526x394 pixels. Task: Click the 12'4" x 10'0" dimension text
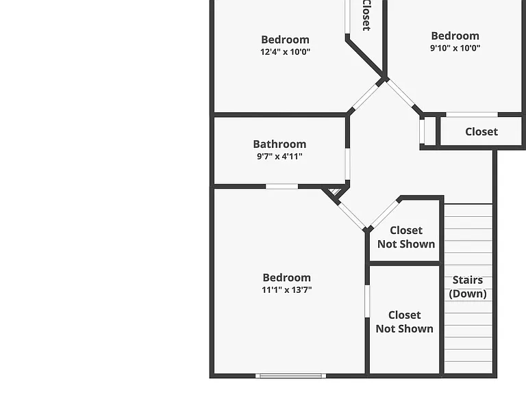[285, 52]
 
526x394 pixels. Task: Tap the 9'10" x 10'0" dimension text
[455, 48]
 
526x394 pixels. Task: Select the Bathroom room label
[279, 144]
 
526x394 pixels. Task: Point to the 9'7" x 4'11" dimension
[279, 156]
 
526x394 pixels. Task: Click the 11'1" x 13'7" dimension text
[286, 289]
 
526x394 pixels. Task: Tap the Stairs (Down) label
[468, 287]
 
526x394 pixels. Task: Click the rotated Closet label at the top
[366, 15]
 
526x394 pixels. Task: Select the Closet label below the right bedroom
[481, 131]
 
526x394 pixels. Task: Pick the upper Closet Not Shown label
[406, 237]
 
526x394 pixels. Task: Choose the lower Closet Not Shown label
[404, 321]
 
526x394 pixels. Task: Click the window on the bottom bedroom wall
[290, 376]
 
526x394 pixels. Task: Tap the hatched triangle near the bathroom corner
[335, 192]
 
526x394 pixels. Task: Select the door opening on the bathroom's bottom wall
[281, 186]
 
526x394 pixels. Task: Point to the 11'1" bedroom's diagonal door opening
[352, 215]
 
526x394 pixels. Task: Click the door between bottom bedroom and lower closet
[367, 301]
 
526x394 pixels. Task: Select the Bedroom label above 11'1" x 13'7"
[286, 278]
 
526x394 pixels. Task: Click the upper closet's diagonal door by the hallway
[384, 214]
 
